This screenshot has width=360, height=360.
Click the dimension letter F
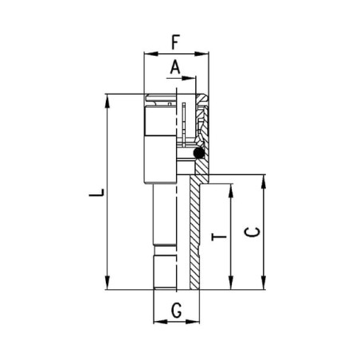click(175, 42)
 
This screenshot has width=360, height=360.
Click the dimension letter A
click(175, 67)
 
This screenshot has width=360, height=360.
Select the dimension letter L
click(96, 192)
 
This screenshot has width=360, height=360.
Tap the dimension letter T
click(219, 237)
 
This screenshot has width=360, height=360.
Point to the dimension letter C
click(252, 233)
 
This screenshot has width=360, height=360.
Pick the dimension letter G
click(177, 311)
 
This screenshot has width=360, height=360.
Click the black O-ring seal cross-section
click(198, 153)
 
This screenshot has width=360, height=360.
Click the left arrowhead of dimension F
click(151, 54)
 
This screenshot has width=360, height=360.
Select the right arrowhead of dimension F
click(202, 54)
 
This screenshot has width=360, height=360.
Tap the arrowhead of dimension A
click(189, 78)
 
